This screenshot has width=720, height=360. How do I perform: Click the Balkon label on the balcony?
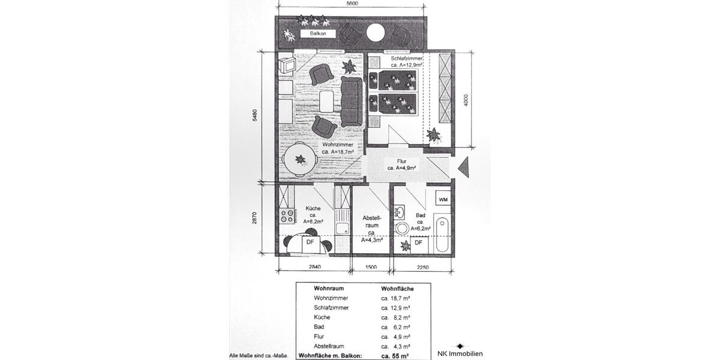pyautogui.click(x=318, y=34)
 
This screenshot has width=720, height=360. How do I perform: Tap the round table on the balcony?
pyautogui.click(x=376, y=32)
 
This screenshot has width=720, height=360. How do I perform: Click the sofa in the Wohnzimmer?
pyautogui.click(x=351, y=100)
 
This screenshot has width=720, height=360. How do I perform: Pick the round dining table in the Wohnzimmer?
pyautogui.click(x=298, y=161)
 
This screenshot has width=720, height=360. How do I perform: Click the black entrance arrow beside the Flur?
pyautogui.click(x=464, y=166)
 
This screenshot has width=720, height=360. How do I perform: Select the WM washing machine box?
pyautogui.click(x=443, y=199)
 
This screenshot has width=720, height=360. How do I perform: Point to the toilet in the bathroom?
pyautogui.click(x=403, y=229)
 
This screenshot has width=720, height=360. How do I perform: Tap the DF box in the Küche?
pyautogui.click(x=310, y=242)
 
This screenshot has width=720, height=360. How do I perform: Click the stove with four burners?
pyautogui.click(x=287, y=215)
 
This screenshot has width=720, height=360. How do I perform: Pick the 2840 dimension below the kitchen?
pyautogui.click(x=314, y=268)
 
